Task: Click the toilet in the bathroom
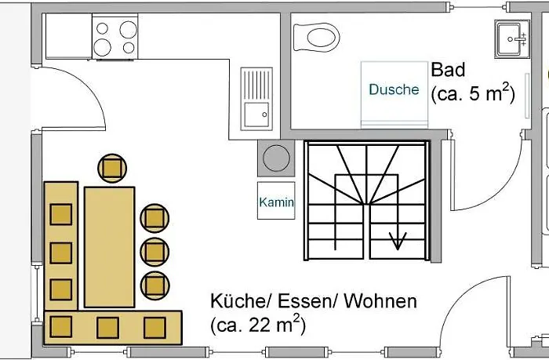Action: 317,37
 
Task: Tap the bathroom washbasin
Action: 512,39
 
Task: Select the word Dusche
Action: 394,89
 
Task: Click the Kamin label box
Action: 276,201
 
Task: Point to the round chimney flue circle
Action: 276,158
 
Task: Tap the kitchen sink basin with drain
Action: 256,115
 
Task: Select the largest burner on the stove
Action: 128,30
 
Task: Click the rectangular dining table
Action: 109,247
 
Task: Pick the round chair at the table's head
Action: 112,168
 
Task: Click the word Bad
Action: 448,70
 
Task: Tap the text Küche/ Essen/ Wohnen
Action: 314,301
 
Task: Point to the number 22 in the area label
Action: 260,325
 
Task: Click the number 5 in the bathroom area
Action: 474,93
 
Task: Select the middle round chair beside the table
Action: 155,252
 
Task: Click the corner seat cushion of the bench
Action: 61,327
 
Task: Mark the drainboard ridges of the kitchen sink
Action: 256,85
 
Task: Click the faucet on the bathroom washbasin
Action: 519,39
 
